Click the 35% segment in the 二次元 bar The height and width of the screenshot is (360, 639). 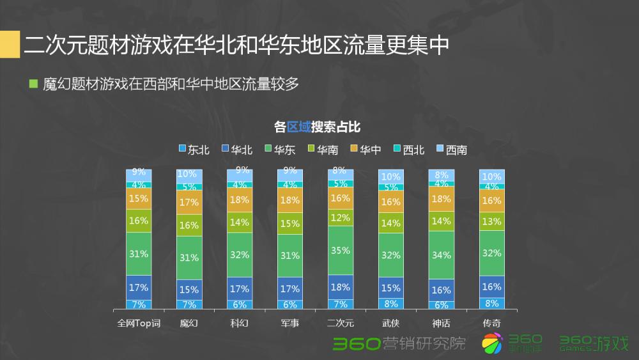tap(340, 251)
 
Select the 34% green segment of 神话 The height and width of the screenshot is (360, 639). tap(442, 255)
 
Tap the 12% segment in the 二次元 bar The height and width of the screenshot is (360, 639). tap(340, 217)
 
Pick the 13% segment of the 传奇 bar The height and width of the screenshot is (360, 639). tap(492, 222)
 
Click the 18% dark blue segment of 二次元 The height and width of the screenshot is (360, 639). tap(340, 286)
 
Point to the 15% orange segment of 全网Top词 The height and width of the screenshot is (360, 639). tap(139, 198)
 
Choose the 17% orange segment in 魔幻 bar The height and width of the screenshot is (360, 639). tap(189, 203)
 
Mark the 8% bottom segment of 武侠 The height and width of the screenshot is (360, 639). tap(390, 304)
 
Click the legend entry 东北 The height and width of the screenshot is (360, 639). tap(194, 150)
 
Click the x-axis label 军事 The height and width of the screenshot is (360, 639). tap(289, 323)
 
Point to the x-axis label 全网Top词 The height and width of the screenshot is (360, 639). tap(138, 323)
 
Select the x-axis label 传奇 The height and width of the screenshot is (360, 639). tap(492, 323)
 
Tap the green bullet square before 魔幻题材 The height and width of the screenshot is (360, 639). tap(34, 84)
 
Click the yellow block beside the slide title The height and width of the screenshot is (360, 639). tap(9, 45)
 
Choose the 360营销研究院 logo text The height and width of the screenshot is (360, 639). tap(399, 344)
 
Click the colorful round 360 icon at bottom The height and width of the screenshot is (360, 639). tap(492, 344)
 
